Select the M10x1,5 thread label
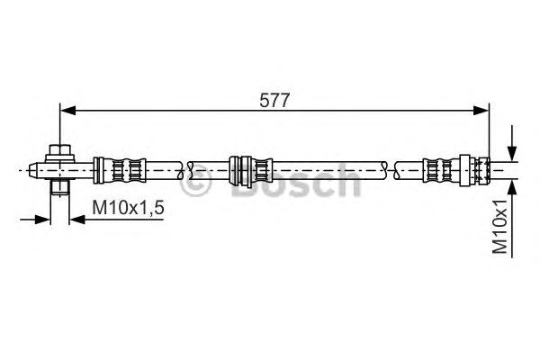(x=128, y=209)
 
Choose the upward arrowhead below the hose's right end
(x=511, y=184)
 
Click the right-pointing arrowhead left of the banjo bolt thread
(x=42, y=219)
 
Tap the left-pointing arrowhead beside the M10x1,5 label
(x=76, y=219)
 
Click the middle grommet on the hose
(x=249, y=168)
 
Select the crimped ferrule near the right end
(x=441, y=168)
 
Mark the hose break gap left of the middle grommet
(x=187, y=168)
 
